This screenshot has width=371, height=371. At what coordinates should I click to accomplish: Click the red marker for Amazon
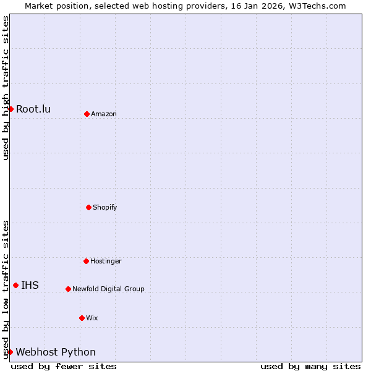[x=87, y=114]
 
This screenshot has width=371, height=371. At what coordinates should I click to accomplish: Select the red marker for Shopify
[x=88, y=207]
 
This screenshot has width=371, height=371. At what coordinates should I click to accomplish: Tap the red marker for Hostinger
[x=86, y=261]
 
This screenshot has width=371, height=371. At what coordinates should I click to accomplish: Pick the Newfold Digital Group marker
[x=68, y=289]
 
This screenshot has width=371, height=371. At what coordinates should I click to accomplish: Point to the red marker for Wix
[x=82, y=318]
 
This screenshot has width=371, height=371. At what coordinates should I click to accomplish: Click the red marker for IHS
[x=15, y=285]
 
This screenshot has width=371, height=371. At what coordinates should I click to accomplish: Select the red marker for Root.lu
[x=11, y=109]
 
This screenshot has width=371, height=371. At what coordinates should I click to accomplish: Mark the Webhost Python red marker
[x=10, y=352]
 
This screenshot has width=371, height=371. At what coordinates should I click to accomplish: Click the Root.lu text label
[x=33, y=109]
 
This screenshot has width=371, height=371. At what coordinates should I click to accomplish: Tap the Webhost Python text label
[x=56, y=352]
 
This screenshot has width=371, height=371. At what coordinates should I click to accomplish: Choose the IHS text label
[x=30, y=285]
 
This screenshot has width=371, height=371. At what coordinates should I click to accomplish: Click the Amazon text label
[x=104, y=114]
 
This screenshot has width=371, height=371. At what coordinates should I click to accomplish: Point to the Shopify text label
[x=105, y=207]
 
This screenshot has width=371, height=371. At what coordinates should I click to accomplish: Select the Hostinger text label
[x=106, y=261]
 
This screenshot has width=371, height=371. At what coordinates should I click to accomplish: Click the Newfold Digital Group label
[x=108, y=289]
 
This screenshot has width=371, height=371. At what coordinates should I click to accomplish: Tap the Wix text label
[x=92, y=318]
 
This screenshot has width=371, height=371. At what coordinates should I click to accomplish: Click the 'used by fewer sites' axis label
[x=64, y=366]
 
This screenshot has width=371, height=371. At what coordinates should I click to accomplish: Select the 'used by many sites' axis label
[x=310, y=366]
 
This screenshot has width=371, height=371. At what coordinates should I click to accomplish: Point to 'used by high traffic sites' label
[x=6, y=88]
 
